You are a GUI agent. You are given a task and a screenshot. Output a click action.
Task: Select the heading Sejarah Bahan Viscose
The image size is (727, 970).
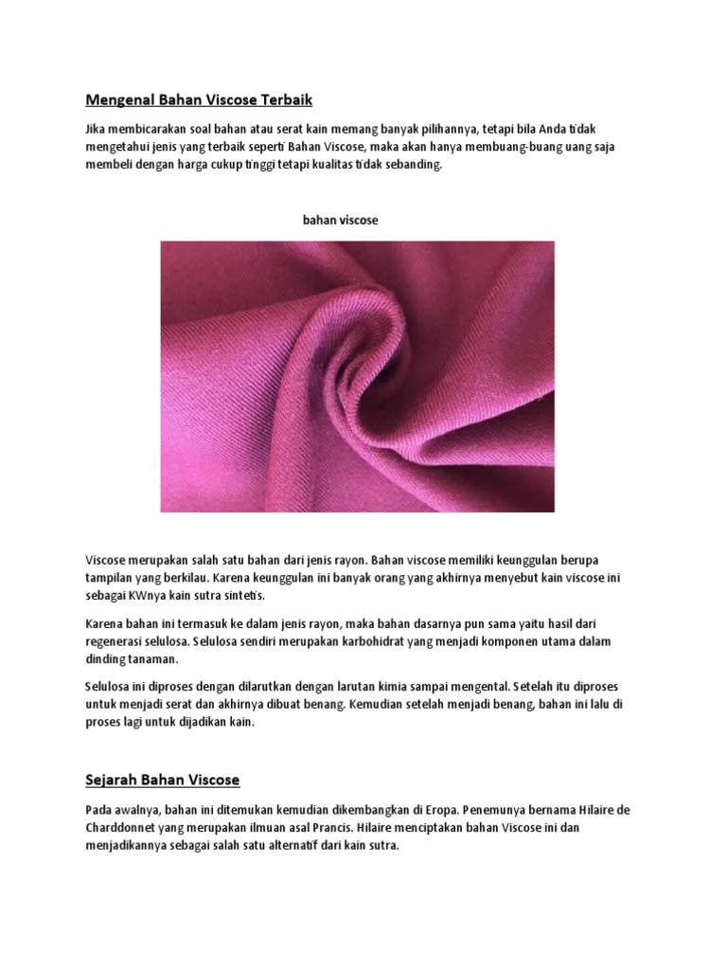[x=162, y=780]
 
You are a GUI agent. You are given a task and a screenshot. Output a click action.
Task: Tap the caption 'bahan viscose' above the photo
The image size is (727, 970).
[x=340, y=220]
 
